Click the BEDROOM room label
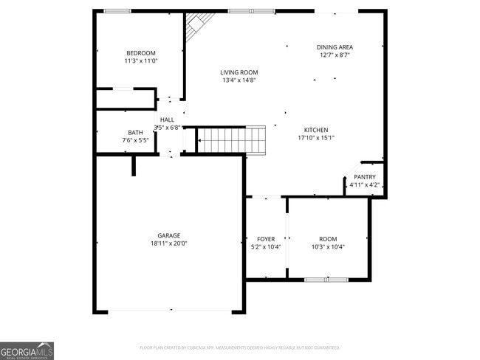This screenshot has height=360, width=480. point(140,53)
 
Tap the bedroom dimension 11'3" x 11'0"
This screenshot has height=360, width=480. point(140,61)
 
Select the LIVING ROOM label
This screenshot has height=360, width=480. point(239,72)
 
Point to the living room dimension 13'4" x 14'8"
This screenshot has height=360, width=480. point(239,80)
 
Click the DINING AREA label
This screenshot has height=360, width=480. point(335,46)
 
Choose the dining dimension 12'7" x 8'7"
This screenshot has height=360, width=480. point(335,55)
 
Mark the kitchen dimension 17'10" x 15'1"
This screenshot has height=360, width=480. point(316,138)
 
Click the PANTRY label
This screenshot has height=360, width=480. point(365,177)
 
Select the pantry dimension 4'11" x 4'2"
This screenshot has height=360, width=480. point(365,185)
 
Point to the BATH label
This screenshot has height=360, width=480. point(135,132)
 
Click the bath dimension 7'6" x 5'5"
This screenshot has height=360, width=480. point(135,140)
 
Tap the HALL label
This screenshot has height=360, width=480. point(168,120)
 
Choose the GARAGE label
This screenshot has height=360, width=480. point(168,235)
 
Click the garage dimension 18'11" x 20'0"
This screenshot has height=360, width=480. point(168,243)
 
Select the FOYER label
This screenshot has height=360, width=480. point(266,239)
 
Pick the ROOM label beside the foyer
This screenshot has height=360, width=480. point(328,239)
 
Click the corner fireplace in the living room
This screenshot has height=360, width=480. point(196,25)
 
